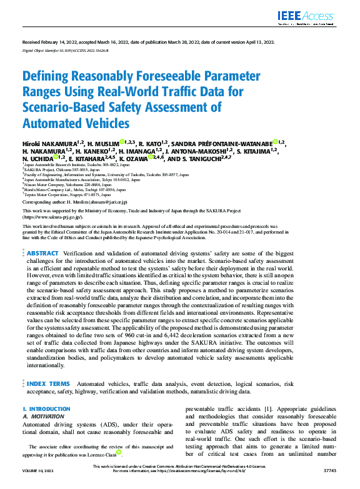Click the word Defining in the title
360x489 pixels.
[x=49, y=77]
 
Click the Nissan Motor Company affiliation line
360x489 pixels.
[x=56, y=185]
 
